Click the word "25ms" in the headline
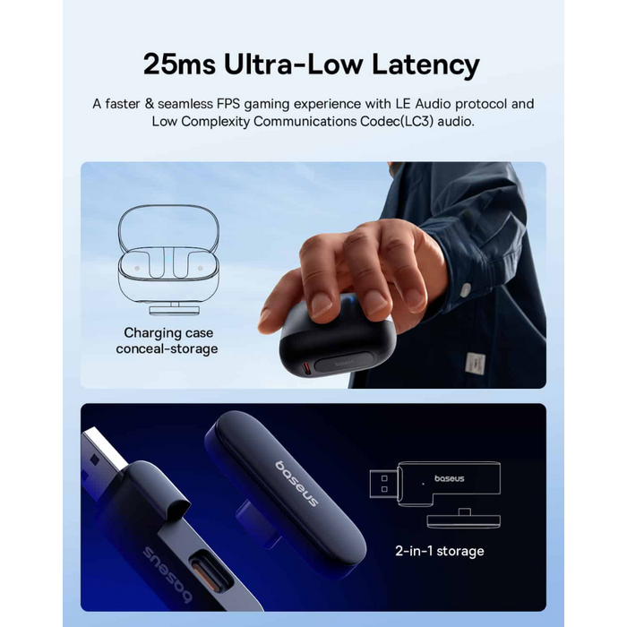179,64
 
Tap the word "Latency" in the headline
425,65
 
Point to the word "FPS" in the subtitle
228,104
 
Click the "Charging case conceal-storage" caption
167,340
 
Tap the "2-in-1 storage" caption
440,551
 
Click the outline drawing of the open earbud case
168,260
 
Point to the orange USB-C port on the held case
306,368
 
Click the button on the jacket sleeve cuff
465,289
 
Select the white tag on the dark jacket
476,364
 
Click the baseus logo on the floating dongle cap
296,484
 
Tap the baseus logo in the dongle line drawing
449,478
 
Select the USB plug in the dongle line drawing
383,484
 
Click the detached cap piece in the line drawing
463,519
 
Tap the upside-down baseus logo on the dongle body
167,574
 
